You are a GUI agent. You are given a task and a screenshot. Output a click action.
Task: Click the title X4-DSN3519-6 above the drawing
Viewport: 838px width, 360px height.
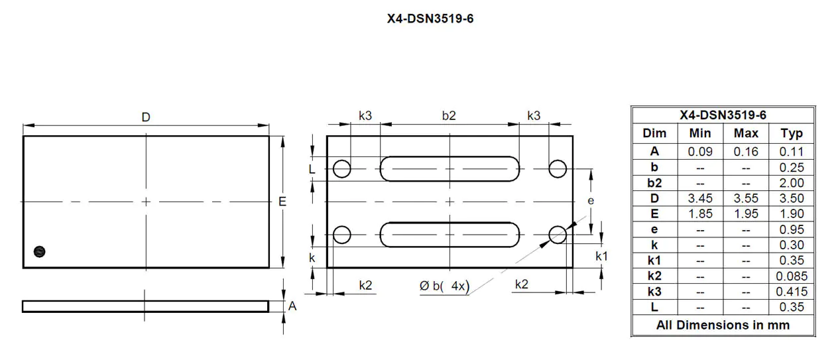(430, 19)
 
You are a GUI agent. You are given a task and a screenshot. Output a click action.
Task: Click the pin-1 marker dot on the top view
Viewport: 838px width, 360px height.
(39, 251)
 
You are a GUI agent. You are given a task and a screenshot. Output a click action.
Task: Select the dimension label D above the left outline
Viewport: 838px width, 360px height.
(146, 117)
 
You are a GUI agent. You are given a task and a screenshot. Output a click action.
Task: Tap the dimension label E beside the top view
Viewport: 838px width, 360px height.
(282, 202)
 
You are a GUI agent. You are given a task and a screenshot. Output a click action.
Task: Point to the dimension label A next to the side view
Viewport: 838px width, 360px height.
(292, 306)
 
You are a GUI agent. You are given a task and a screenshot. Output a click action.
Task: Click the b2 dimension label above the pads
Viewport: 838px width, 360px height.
(449, 115)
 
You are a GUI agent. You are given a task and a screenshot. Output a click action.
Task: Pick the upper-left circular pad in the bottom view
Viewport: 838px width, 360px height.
(341, 168)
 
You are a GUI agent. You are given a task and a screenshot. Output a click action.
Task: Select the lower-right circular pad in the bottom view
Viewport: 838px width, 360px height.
(558, 234)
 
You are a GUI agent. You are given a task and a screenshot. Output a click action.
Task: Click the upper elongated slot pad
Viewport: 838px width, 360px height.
(449, 168)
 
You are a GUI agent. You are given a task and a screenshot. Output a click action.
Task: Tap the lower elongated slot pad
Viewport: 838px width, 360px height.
(449, 234)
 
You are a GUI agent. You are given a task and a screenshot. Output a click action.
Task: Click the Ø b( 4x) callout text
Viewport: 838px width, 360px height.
(444, 286)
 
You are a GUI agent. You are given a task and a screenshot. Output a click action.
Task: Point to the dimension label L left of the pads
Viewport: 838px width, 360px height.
(312, 169)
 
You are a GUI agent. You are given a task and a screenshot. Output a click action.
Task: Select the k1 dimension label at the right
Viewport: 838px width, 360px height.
(602, 256)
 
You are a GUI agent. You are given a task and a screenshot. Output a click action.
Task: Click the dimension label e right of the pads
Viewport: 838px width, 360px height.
(591, 200)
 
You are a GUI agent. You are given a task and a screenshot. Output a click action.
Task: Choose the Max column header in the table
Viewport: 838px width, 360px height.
(746, 133)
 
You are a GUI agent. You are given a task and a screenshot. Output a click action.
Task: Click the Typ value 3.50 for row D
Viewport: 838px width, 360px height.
(792, 198)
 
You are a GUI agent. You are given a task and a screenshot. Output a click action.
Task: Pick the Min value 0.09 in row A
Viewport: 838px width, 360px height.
(700, 151)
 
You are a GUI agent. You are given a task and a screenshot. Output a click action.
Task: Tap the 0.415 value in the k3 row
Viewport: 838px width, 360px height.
(792, 292)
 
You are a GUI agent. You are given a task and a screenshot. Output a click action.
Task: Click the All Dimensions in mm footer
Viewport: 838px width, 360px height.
(723, 325)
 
